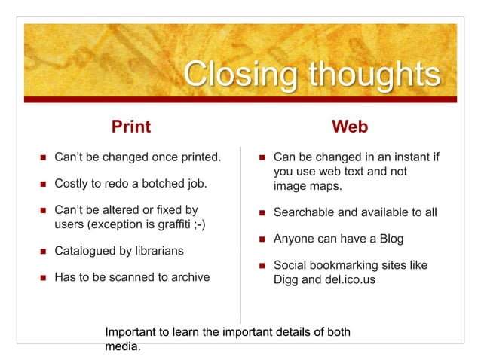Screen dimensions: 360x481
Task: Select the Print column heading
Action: click(x=131, y=127)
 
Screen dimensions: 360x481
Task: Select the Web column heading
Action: click(x=350, y=127)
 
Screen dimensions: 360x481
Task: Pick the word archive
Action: click(x=188, y=276)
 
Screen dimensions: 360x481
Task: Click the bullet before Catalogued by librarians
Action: click(x=43, y=251)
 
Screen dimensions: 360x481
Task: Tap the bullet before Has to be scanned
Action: click(x=43, y=277)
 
